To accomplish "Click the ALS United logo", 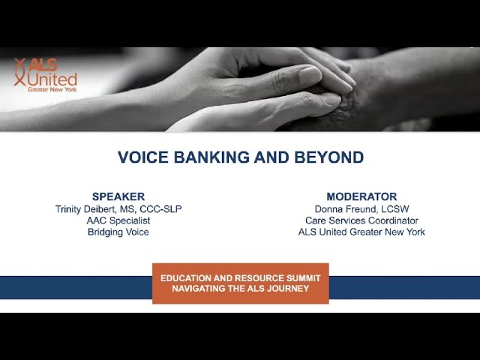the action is pos(45,75).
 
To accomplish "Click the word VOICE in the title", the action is pos(143,157).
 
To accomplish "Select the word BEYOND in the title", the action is pos(329,157).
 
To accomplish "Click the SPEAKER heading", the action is pos(118,196).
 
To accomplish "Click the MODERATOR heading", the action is pos(361,196).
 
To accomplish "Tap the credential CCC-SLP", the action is pos(160,209).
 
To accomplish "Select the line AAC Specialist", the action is pos(118,220).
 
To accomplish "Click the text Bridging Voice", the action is pos(118,232).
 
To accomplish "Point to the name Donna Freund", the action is pos(345,209).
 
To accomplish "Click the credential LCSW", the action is pos(395,209).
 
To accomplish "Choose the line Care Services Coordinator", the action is pos(361,220).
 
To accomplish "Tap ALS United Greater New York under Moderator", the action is pos(361,232).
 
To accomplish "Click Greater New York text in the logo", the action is pos(52,89).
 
